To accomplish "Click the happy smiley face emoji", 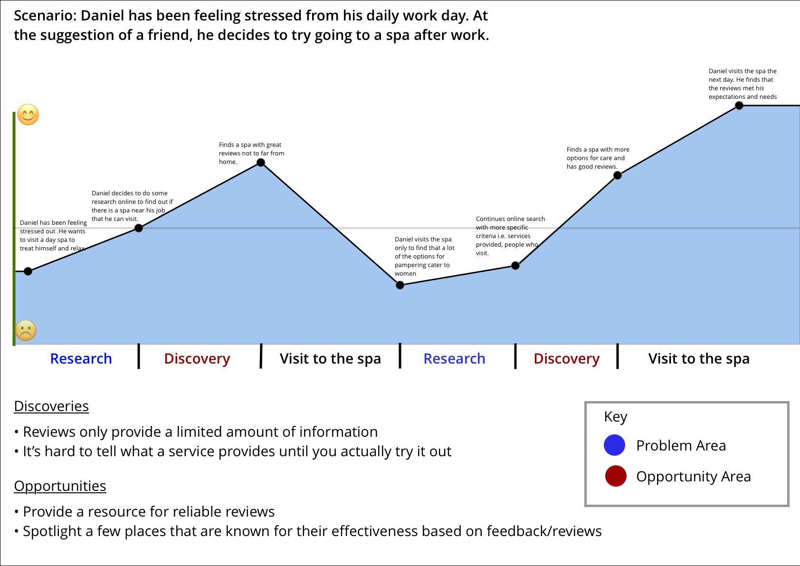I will click(28, 115).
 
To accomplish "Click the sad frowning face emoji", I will click(26, 330).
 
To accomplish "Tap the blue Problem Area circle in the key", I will click(614, 445).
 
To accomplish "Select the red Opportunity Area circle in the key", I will click(616, 476).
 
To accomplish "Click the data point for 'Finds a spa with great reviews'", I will click(261, 163).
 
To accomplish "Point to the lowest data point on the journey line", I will click(400, 285).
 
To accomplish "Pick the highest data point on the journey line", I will click(739, 106).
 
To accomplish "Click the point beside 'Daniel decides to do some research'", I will click(139, 228).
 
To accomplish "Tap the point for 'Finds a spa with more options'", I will click(618, 175).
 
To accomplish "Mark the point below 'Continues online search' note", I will click(515, 266).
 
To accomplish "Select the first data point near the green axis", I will click(28, 271).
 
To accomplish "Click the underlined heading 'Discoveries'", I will click(51, 406).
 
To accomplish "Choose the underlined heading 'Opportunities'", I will click(60, 486).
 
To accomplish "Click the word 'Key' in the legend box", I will click(616, 417).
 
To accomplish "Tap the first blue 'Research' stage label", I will click(81, 358).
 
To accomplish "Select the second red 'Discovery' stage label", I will click(566, 358).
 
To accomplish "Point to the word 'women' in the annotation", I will click(405, 274).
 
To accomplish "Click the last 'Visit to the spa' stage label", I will click(699, 358).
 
